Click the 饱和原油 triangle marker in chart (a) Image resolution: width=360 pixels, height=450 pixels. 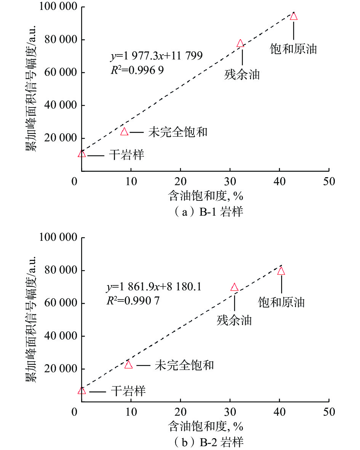[x=293, y=16]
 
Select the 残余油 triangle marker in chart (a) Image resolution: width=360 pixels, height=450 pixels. [x=240, y=43]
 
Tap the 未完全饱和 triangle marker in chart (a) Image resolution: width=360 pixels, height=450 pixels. [x=124, y=132]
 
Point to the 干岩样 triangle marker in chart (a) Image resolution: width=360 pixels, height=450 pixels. [x=82, y=154]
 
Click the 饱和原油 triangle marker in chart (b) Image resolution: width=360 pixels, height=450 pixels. [x=281, y=271]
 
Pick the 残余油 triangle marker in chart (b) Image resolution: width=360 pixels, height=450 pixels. [x=234, y=287]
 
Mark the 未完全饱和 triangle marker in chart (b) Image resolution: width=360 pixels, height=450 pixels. [x=128, y=365]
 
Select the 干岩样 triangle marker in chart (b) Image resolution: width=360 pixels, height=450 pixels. [x=82, y=391]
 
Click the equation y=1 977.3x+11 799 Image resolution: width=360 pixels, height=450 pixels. [x=156, y=56]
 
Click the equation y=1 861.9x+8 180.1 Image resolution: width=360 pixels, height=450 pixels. [x=154, y=287]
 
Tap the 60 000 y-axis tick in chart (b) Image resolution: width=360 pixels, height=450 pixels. [x=60, y=303]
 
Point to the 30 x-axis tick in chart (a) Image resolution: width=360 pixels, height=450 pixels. [x=230, y=181]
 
